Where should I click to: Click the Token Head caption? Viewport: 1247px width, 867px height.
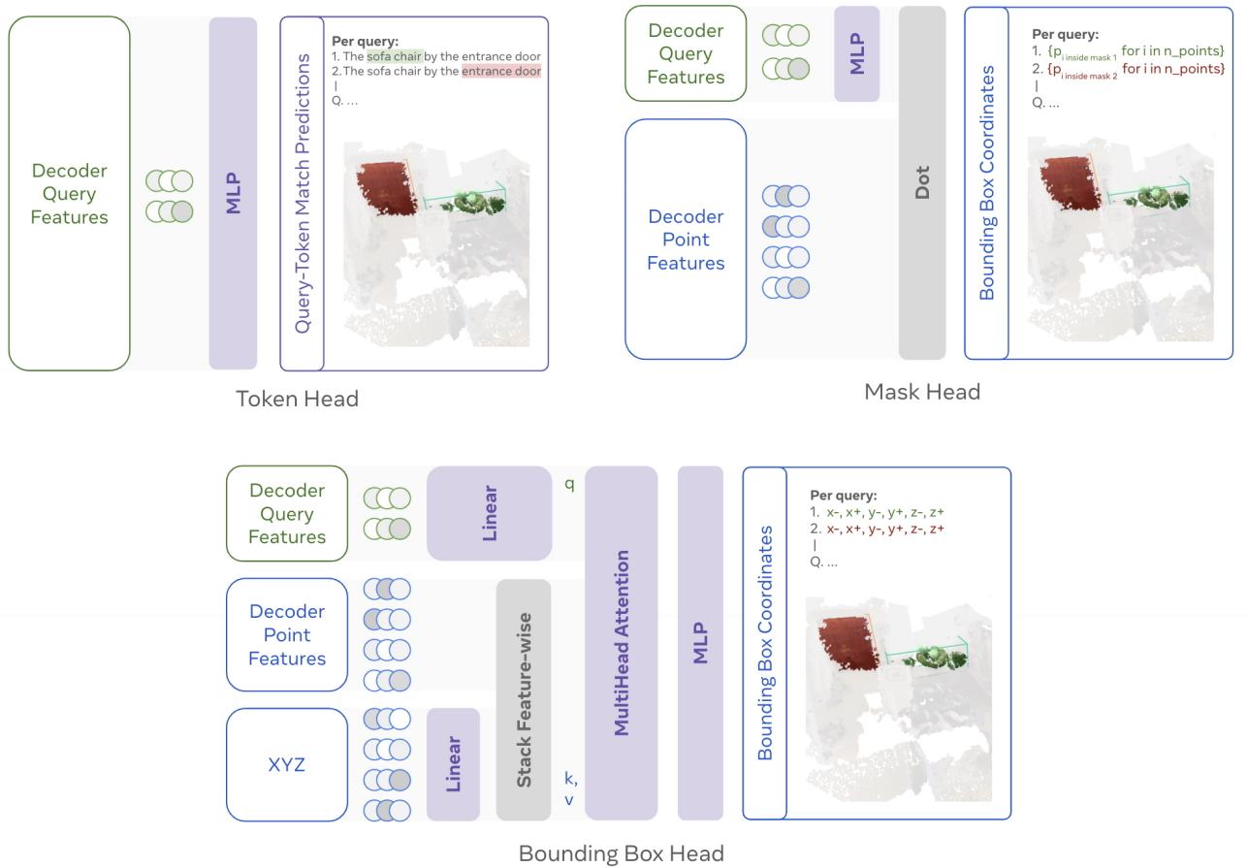pyautogui.click(x=297, y=399)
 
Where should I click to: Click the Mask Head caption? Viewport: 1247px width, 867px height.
pyautogui.click(x=921, y=392)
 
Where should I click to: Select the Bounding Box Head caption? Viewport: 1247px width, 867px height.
pyautogui.click(x=621, y=853)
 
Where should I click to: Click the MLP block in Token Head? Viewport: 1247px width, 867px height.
pyautogui.click(x=233, y=193)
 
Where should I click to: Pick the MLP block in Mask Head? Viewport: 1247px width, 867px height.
pyautogui.click(x=856, y=53)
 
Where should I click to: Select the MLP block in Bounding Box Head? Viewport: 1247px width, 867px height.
pyautogui.click(x=701, y=642)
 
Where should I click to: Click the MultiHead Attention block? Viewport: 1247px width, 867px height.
pyautogui.click(x=622, y=642)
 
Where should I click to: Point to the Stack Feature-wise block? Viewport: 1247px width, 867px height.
pyautogui.click(x=524, y=698)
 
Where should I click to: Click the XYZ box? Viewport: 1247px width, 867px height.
pyautogui.click(x=286, y=764)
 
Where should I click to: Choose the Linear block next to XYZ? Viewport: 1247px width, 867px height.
pyautogui.click(x=453, y=764)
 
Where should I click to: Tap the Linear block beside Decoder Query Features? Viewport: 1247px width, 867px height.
pyautogui.click(x=489, y=513)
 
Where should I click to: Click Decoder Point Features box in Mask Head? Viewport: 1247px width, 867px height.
pyautogui.click(x=686, y=240)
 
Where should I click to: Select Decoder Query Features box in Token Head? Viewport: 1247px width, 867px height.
pyautogui.click(x=69, y=193)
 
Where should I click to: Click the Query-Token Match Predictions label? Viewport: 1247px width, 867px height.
pyautogui.click(x=302, y=193)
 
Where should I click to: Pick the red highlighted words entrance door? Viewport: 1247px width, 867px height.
pyautogui.click(x=500, y=71)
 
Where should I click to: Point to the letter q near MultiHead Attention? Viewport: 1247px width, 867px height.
pyautogui.click(x=569, y=484)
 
